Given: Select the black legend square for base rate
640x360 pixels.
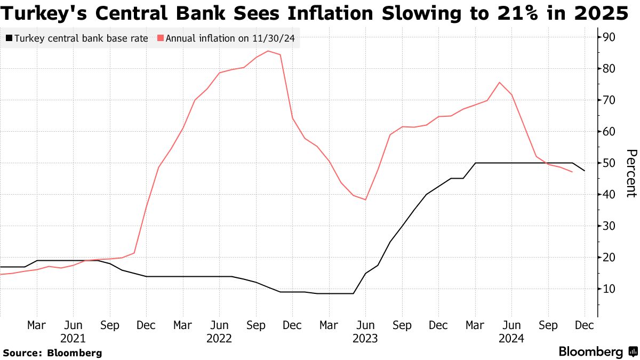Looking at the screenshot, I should point(9,38).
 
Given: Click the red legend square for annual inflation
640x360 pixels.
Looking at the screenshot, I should point(161,38).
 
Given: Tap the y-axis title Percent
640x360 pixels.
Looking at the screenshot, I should point(630,173).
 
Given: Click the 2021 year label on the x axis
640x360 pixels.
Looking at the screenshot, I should point(73,338).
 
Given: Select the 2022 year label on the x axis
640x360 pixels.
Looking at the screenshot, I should point(219,338).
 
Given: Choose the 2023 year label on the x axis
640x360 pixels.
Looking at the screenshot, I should point(365,338).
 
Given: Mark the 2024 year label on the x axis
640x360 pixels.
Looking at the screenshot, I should point(511,338).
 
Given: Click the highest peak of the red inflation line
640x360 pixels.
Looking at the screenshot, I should point(268,51).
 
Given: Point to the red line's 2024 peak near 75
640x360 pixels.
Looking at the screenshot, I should point(499,82).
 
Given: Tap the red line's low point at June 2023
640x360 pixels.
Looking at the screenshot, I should point(365,199).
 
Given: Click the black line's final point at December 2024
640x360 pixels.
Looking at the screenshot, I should point(585,171).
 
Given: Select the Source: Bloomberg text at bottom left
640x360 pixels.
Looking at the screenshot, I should point(52,353).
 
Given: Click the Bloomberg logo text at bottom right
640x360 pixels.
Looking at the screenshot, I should point(590,352).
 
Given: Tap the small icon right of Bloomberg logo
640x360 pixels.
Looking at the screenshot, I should point(633,352).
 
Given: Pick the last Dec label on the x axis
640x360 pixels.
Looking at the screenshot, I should point(585,325).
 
